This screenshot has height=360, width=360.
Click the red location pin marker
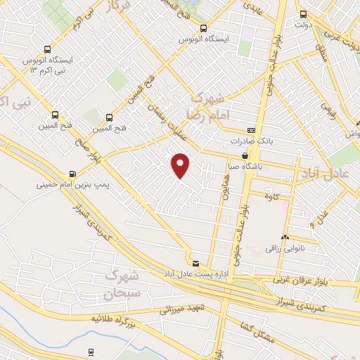coord(181,165)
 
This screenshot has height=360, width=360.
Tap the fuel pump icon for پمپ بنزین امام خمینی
coord(72,174)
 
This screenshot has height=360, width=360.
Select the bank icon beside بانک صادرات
coord(251,131)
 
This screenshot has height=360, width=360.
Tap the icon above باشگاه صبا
coord(245,156)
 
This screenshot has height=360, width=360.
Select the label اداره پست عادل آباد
coord(195,272)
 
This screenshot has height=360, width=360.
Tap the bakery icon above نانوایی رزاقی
coord(285,237)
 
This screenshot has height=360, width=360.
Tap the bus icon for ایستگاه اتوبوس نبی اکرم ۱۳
coord(47,50)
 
